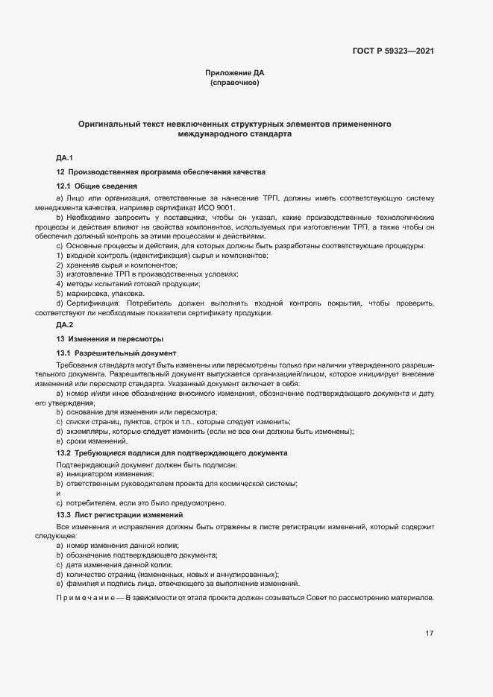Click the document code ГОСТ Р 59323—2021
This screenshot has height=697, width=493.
tap(392, 51)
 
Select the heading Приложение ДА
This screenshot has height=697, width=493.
tap(234, 73)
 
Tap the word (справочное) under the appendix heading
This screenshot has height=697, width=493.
tap(234, 83)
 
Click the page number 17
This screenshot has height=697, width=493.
tap(429, 634)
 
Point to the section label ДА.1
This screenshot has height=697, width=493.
tap(64, 158)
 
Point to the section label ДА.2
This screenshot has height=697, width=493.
tap(64, 325)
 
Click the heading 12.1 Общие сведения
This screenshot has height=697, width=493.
tap(96, 185)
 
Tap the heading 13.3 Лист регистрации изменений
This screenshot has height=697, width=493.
tap(119, 515)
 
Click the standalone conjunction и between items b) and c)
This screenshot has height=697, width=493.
tap(58, 493)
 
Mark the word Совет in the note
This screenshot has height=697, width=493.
tap(318, 599)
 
